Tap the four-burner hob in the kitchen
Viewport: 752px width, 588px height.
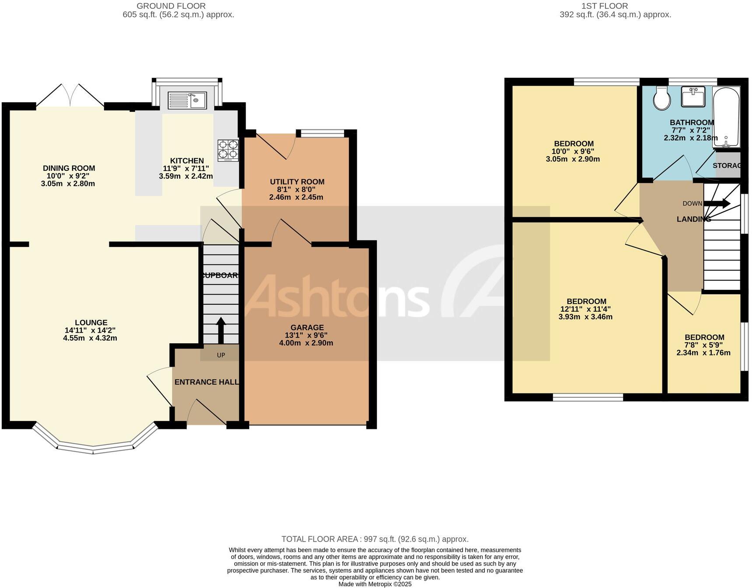click(228, 150)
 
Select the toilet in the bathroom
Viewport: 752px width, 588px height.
click(662, 99)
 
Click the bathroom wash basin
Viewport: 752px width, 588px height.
click(693, 97)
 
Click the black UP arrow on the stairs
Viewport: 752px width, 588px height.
click(221, 331)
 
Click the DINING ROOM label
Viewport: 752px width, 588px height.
click(69, 168)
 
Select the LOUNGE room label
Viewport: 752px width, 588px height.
click(91, 323)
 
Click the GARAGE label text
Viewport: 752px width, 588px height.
click(307, 327)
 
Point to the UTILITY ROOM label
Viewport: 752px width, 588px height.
click(297, 182)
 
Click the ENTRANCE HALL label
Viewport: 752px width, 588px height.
click(206, 382)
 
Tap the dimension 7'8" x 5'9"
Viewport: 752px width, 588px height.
click(704, 345)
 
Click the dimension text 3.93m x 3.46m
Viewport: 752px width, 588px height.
click(585, 317)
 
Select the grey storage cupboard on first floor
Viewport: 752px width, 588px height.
click(728, 165)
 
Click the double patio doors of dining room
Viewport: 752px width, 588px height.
click(70, 95)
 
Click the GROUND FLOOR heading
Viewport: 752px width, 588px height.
click(171, 6)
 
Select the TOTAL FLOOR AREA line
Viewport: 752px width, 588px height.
click(375, 539)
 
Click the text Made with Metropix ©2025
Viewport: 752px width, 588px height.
click(375, 584)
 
